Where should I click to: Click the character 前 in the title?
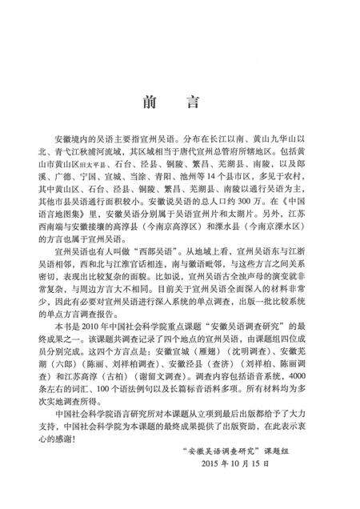pos(149,102)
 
